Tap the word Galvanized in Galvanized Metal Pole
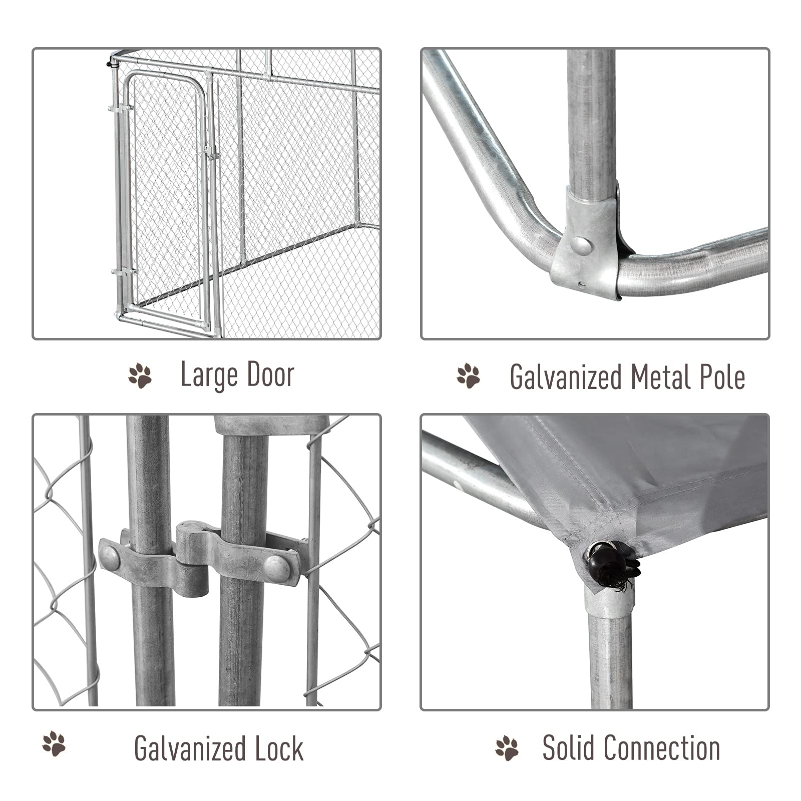[565, 377]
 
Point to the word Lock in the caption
[278, 748]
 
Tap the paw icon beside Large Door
[140, 376]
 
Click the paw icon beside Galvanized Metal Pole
[469, 376]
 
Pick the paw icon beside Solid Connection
[507, 748]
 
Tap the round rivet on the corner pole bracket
[581, 245]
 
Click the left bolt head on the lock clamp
[109, 556]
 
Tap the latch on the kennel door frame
[210, 153]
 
